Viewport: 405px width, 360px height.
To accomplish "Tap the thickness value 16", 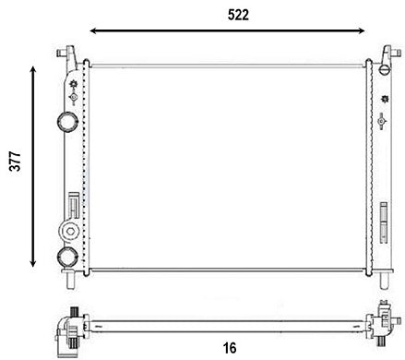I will click(x=229, y=347).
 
